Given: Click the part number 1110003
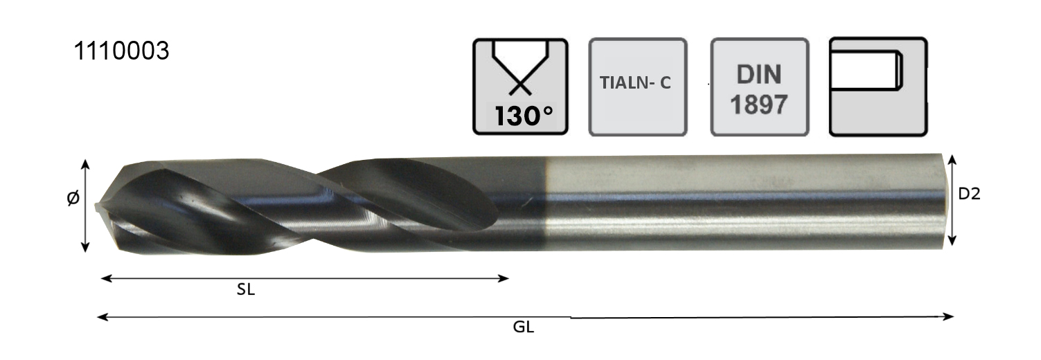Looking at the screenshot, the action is pyautogui.click(x=121, y=51).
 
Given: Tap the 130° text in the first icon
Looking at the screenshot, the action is pyautogui.click(x=524, y=116).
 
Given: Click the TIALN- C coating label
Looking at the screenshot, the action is pyautogui.click(x=635, y=82).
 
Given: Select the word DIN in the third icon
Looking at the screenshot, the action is pyautogui.click(x=759, y=74).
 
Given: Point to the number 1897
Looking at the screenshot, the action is pyautogui.click(x=759, y=104).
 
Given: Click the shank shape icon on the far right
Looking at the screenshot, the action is pyautogui.click(x=878, y=87).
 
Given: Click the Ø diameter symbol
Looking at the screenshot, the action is pyautogui.click(x=73, y=198).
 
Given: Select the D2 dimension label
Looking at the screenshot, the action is pyautogui.click(x=969, y=194).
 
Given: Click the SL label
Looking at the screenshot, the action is pyautogui.click(x=246, y=290).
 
